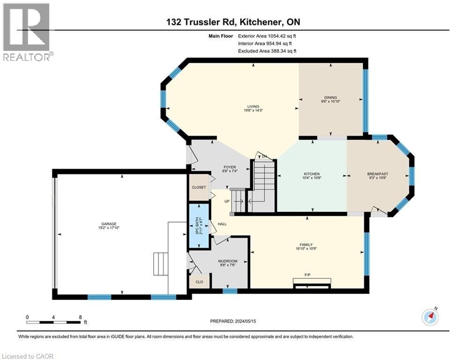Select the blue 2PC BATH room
[198, 226]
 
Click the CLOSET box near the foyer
[199, 187]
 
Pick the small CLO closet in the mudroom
[199, 282]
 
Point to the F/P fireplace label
[308, 274]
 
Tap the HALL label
[222, 224]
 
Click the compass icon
[429, 317]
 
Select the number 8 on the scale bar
[81, 317]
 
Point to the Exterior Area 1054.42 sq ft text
[267, 36]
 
